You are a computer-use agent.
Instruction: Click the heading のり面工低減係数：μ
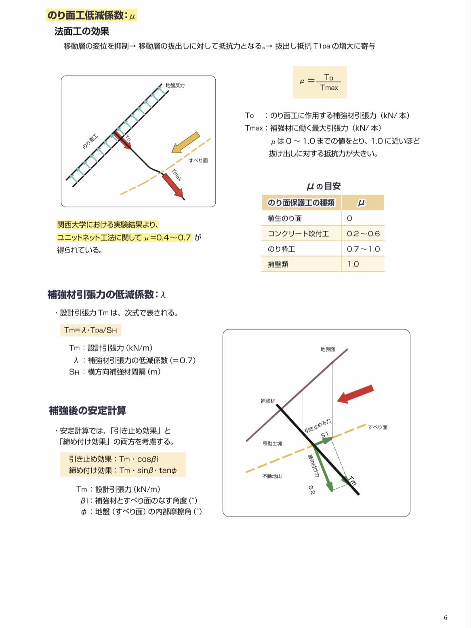point(92,15)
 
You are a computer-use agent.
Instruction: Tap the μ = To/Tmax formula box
point(320,82)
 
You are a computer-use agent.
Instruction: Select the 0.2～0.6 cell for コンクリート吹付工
point(363,234)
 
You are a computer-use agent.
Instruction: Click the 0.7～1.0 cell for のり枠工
point(363,249)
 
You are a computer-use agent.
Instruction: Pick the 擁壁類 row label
point(278,264)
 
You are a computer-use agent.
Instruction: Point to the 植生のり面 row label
point(284,218)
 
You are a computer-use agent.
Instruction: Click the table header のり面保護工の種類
point(301,202)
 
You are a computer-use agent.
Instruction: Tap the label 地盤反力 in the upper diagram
point(175,85)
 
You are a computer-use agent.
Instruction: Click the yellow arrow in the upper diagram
point(185,143)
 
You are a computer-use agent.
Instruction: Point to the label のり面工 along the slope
point(90,141)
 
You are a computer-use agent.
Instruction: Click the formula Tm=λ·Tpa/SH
point(90,330)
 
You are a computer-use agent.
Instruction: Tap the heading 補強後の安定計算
point(88,411)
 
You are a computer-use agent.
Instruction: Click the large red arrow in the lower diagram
point(355,394)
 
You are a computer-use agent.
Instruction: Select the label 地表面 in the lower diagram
point(328,349)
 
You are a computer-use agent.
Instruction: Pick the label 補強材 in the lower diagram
point(267,401)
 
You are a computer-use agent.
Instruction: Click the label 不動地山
point(272,476)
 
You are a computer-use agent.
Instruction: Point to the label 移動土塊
point(272,443)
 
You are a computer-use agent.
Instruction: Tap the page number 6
point(446,617)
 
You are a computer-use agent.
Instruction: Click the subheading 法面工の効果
point(82,32)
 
